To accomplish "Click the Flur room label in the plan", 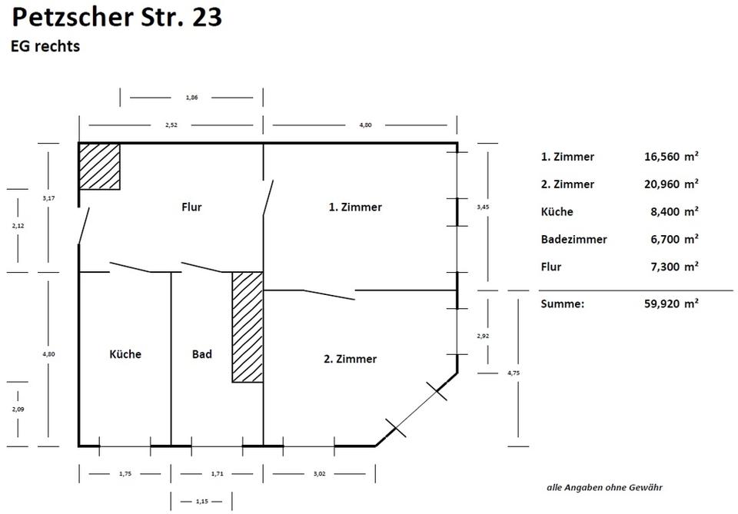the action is (x=191, y=207).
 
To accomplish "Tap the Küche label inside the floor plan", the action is (x=125, y=354).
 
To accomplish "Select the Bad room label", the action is (x=201, y=354).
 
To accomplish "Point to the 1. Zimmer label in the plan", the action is (x=355, y=207).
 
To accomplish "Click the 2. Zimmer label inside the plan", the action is (x=350, y=359).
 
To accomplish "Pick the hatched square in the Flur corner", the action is (x=100, y=166).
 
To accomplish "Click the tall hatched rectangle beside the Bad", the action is (x=248, y=327).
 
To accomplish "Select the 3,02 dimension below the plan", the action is (x=320, y=474).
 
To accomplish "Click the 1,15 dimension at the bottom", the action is (x=202, y=502).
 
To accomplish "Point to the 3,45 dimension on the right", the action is (x=482, y=207).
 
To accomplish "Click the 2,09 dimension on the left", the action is (x=18, y=410).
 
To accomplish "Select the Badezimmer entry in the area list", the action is (x=573, y=240).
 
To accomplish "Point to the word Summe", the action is (x=562, y=303).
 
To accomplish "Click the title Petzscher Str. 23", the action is (x=118, y=17).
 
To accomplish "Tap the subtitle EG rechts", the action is (x=45, y=46).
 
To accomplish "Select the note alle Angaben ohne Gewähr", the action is (x=604, y=487).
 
